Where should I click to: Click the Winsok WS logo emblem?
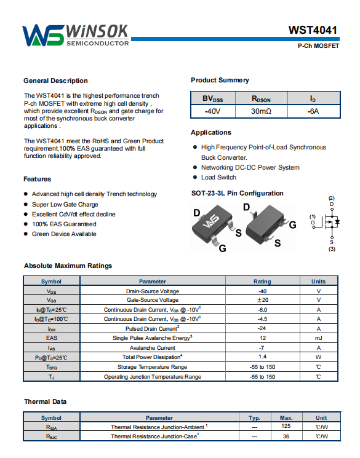point(43,35)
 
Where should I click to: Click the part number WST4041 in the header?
point(313,30)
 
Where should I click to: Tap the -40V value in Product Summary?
point(212,111)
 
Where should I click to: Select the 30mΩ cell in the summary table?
point(261,111)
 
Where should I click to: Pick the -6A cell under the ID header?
point(313,111)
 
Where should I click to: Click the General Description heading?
point(55,81)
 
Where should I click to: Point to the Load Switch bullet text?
point(218,177)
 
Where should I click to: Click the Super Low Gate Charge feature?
point(65,205)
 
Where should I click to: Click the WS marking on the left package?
point(211,221)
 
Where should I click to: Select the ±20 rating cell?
point(262,300)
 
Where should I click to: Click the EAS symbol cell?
point(52,338)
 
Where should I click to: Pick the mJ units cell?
point(319,338)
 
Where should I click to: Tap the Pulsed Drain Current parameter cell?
point(153,329)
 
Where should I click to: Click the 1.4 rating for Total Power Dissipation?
point(262,357)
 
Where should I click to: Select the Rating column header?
point(262,282)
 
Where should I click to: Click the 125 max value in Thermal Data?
point(286,426)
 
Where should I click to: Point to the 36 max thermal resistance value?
point(286,436)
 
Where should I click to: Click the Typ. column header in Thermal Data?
point(254,418)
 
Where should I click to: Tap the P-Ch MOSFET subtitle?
point(319,46)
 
